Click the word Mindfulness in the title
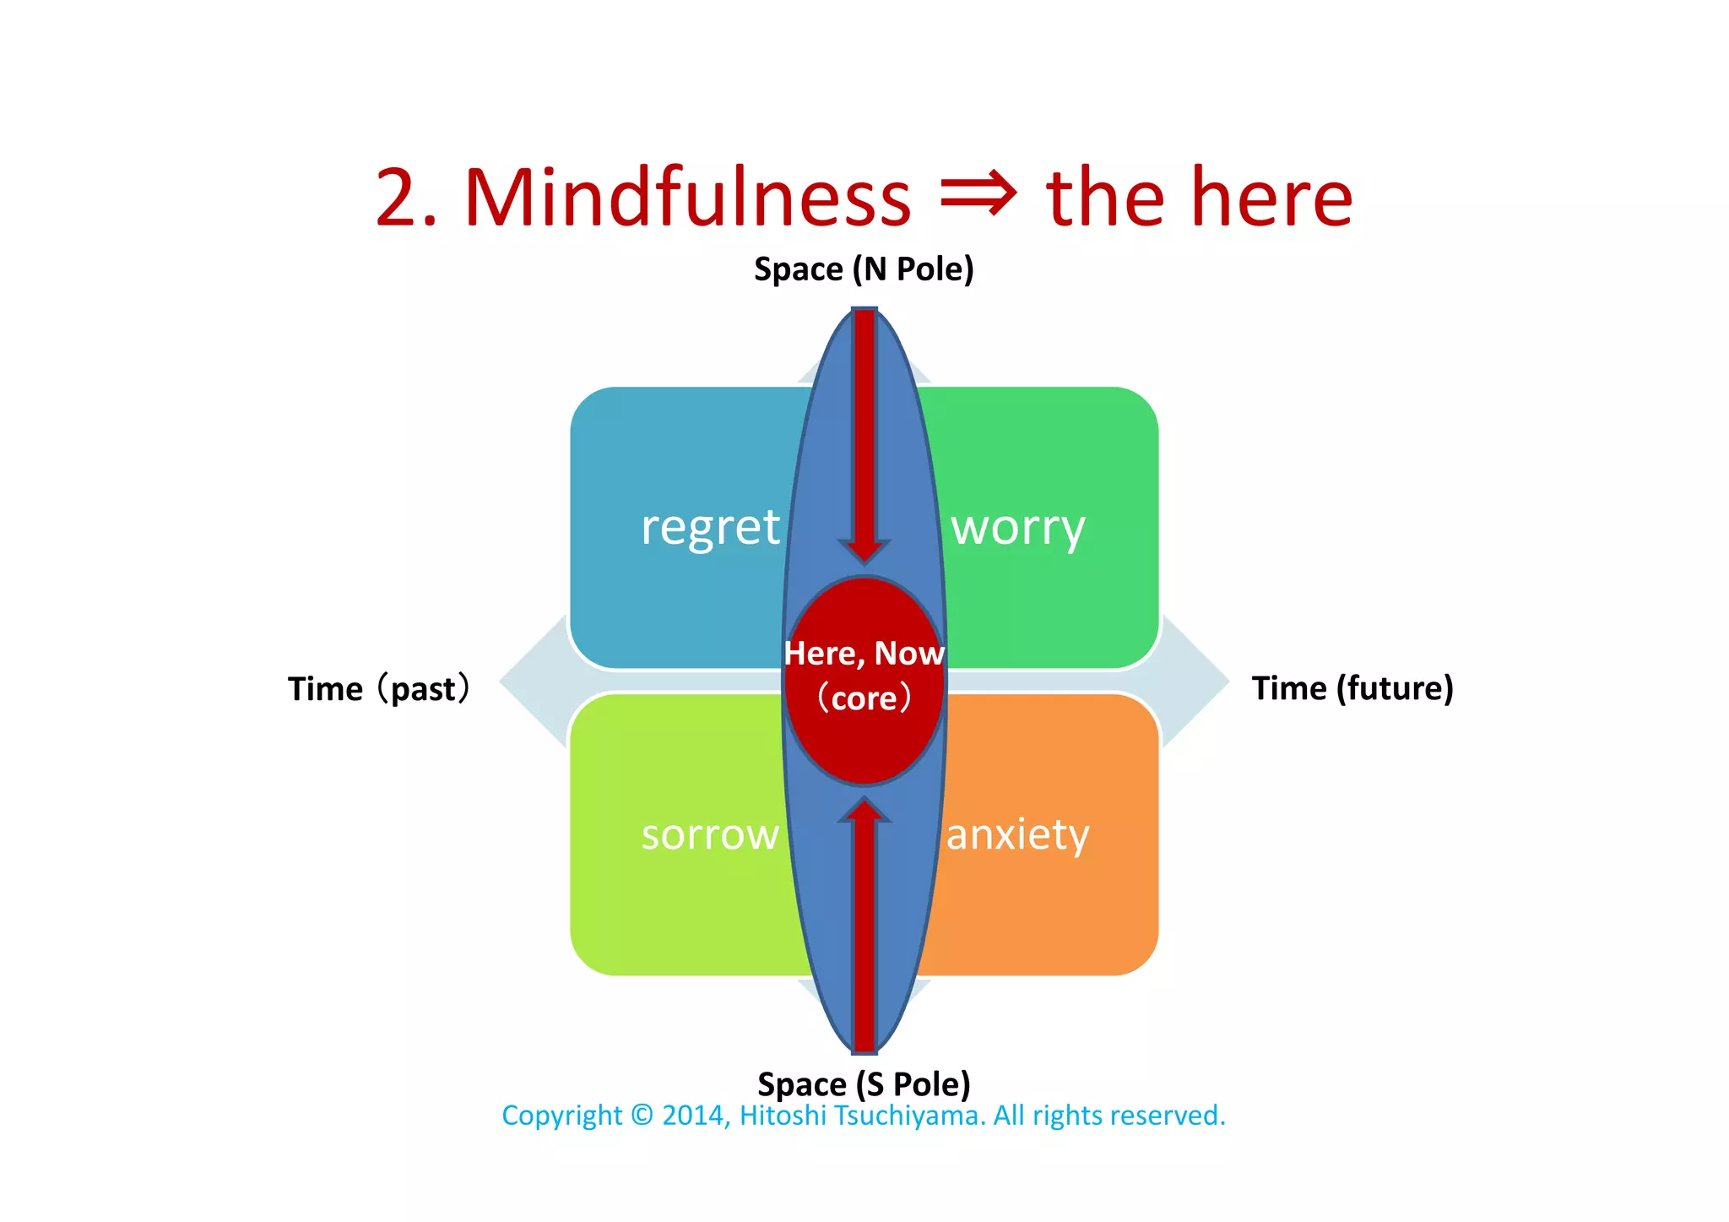point(687,198)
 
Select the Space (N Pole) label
point(864,269)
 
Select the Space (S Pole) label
point(864,1084)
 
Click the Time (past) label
point(378,688)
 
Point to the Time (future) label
point(1352,688)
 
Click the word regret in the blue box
point(710,528)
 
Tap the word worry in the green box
point(1017,530)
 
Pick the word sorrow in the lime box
point(710,834)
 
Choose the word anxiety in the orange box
point(1017,834)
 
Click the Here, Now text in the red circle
point(864,654)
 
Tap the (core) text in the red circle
point(864,698)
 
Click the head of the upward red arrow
point(864,809)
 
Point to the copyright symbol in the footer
point(642,1116)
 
